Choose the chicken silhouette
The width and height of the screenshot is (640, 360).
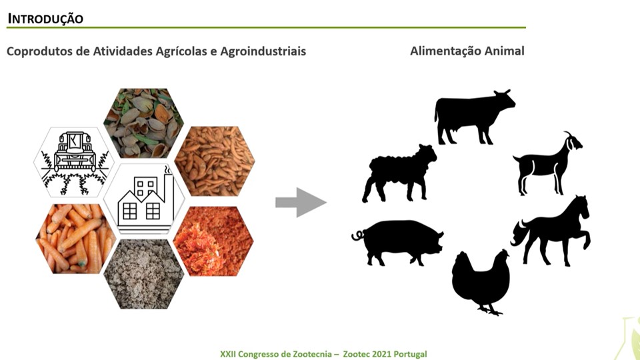481,281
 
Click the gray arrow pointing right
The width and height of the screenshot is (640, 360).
301,203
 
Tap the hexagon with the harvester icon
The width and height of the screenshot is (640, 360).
74,162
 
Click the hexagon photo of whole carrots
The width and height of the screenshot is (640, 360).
75,239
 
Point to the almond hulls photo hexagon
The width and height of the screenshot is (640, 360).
144,123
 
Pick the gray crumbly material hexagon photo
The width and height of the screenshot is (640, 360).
144,274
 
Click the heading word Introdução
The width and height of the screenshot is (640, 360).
45,19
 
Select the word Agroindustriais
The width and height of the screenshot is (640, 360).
263,51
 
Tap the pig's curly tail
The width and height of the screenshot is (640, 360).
358,236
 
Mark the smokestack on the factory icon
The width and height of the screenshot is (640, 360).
169,192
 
